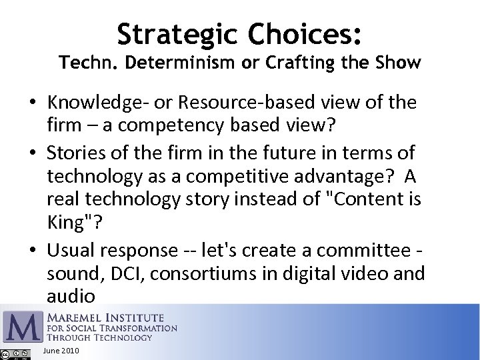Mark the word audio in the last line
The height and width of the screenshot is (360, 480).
pyautogui.click(x=71, y=295)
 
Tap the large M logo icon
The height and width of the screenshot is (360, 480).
pyautogui.click(x=22, y=325)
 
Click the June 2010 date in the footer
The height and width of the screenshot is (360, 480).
pyautogui.click(x=60, y=351)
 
